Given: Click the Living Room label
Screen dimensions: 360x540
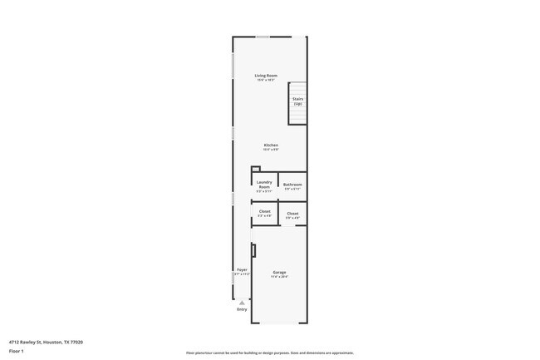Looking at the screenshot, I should point(266,76).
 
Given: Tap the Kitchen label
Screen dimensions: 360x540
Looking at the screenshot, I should point(271,145).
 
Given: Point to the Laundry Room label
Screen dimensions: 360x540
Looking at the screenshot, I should point(264,185).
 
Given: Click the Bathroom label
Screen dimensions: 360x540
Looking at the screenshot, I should point(292,185).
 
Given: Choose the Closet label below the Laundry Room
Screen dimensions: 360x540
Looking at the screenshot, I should point(264,211).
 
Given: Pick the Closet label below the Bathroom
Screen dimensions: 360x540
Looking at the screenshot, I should point(292,214).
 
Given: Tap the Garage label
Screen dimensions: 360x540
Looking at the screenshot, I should point(279,272).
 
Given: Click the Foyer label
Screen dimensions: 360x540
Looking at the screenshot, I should point(242,269).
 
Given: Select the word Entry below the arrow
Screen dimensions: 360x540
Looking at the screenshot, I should point(242,309).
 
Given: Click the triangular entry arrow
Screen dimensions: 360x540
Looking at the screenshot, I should point(242,303).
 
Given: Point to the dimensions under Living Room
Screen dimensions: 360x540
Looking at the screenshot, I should point(266,80).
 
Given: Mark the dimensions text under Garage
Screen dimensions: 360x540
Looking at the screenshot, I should point(279,277).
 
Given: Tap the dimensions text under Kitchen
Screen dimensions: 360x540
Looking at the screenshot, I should point(271,150).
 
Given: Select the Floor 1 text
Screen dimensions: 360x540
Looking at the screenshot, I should point(17,352).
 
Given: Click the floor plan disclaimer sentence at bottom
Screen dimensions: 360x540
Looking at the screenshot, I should point(270,353).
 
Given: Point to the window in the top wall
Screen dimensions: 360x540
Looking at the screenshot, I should point(263,37).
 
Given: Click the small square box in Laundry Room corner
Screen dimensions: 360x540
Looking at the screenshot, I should point(256,170).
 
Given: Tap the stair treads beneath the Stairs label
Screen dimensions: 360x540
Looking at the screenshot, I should point(297,116).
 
